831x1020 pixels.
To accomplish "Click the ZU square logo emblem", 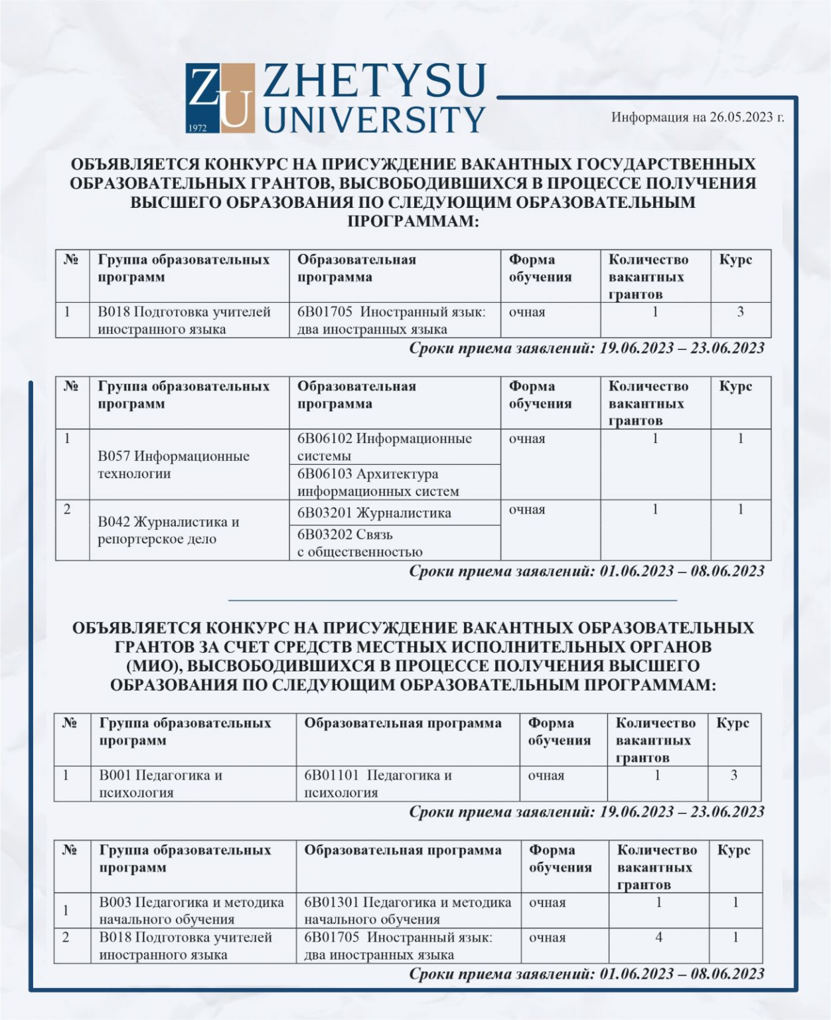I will coord(220,98).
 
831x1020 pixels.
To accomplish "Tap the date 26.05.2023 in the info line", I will coord(741,118).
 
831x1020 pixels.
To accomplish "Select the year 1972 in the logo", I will coord(198,127).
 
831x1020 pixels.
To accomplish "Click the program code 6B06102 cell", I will coord(384,447).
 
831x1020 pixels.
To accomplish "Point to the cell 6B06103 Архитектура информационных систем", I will coord(378,483).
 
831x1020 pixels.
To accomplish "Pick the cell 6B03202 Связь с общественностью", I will coord(360,543).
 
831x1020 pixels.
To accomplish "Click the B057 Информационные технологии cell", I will coord(173,465).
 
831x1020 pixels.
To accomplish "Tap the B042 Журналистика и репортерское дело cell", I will coord(168,530).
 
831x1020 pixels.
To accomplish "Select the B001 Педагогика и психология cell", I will coord(161,784).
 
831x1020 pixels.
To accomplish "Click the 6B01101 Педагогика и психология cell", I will coord(378,784).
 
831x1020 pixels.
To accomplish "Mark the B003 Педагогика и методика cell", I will coord(191,910).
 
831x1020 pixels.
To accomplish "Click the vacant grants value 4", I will coord(658,938).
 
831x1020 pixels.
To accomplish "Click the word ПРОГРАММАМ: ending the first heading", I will coord(413,221).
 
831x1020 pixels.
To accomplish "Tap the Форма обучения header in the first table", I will coord(540,268).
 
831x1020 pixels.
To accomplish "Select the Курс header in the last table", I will coord(734,850).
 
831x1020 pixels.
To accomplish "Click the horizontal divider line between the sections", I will coord(452,600).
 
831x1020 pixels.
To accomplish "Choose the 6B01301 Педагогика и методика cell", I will coord(408,910).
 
